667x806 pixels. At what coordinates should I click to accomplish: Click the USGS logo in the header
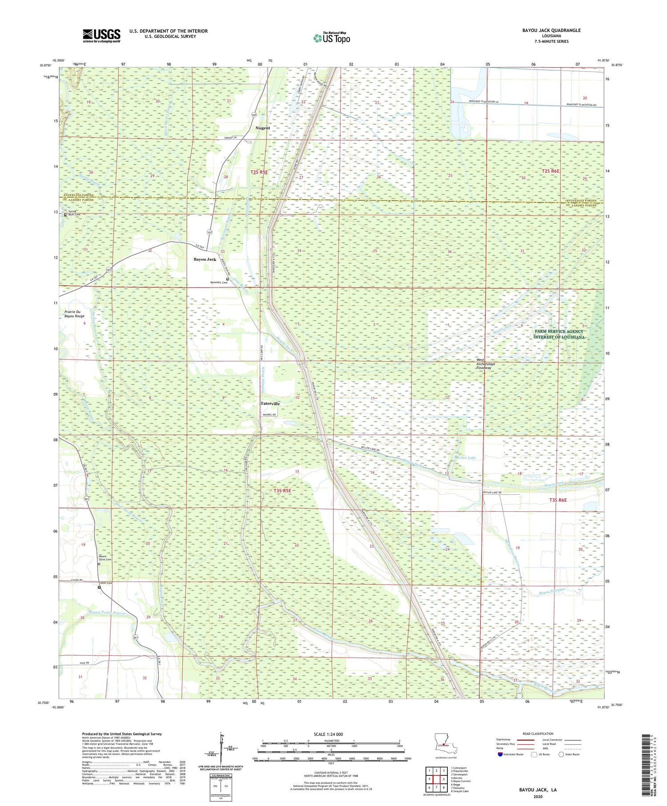(101, 36)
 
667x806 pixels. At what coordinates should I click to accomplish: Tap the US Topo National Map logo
(331, 38)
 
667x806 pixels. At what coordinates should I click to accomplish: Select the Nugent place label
(262, 128)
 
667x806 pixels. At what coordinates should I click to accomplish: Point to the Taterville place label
(270, 404)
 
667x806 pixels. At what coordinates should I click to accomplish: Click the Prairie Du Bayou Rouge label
(74, 314)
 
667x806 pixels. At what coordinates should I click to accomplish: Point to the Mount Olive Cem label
(105, 558)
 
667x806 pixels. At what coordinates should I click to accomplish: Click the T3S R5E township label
(282, 490)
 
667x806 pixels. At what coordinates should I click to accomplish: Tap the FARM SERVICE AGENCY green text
(559, 331)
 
